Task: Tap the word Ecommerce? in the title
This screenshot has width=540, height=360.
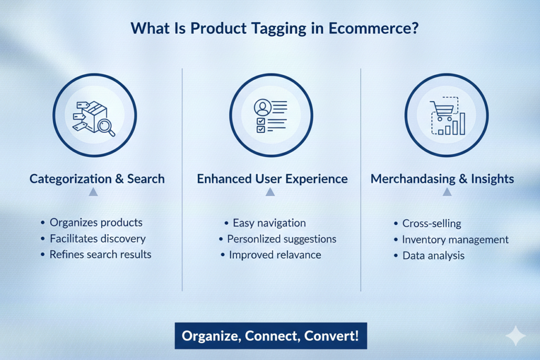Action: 373,28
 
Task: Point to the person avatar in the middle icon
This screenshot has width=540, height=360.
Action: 263,108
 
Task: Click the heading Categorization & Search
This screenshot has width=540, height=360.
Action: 97,179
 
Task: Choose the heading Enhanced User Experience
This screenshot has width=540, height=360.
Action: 272,179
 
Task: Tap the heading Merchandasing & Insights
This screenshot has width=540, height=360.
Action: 442,179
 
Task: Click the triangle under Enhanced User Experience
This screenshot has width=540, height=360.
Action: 271,192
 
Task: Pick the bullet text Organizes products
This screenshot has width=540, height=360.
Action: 96,222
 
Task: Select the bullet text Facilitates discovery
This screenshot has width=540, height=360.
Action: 98,239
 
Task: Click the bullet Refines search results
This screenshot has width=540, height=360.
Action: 101,255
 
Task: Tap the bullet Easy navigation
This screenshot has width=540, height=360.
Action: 269,223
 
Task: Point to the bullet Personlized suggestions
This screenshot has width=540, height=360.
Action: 282,239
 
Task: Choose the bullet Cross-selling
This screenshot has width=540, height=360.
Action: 432,223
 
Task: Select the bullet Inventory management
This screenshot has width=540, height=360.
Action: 455,239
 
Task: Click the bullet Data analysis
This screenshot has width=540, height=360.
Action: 433,256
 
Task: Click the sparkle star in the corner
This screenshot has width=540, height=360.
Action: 516,336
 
